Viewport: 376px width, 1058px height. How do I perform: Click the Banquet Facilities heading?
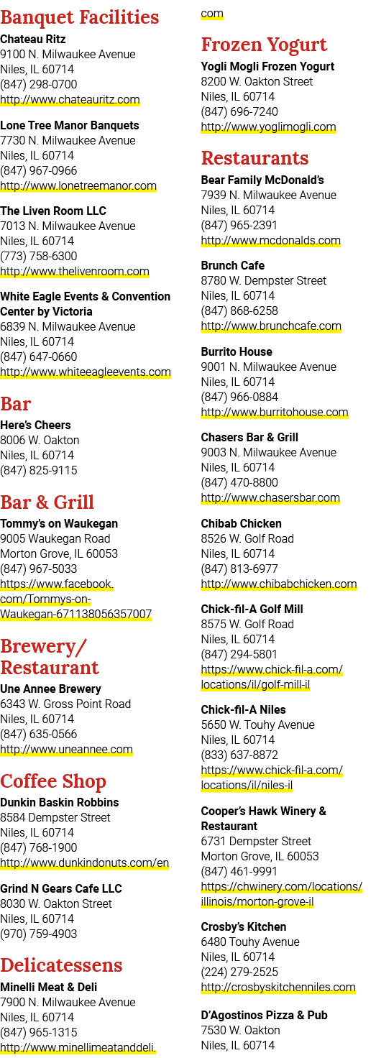79,17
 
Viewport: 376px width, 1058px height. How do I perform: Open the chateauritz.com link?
70,100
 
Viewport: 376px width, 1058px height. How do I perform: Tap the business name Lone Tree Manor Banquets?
70,125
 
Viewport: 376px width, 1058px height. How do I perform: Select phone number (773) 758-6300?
38,256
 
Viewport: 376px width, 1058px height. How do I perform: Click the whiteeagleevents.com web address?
86,372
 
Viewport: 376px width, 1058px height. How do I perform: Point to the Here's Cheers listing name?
35,425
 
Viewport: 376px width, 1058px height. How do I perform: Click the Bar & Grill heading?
47,502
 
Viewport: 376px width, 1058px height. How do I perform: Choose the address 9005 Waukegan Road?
55,538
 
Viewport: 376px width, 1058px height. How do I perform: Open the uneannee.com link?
66,749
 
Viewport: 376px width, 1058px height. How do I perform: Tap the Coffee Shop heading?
53,782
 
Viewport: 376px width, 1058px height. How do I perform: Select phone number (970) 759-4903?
38,934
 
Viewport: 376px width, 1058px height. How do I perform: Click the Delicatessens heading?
61,965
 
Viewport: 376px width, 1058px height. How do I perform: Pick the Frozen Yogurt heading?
264,45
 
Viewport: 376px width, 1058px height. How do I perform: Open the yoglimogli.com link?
268,127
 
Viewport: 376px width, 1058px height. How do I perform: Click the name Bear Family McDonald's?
262,180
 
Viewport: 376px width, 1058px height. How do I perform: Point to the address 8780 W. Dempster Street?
264,280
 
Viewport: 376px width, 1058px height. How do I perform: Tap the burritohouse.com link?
275,413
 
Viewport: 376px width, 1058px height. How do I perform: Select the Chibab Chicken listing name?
242,523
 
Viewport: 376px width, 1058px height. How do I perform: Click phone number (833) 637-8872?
239,755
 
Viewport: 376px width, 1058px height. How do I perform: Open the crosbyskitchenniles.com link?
278,987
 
